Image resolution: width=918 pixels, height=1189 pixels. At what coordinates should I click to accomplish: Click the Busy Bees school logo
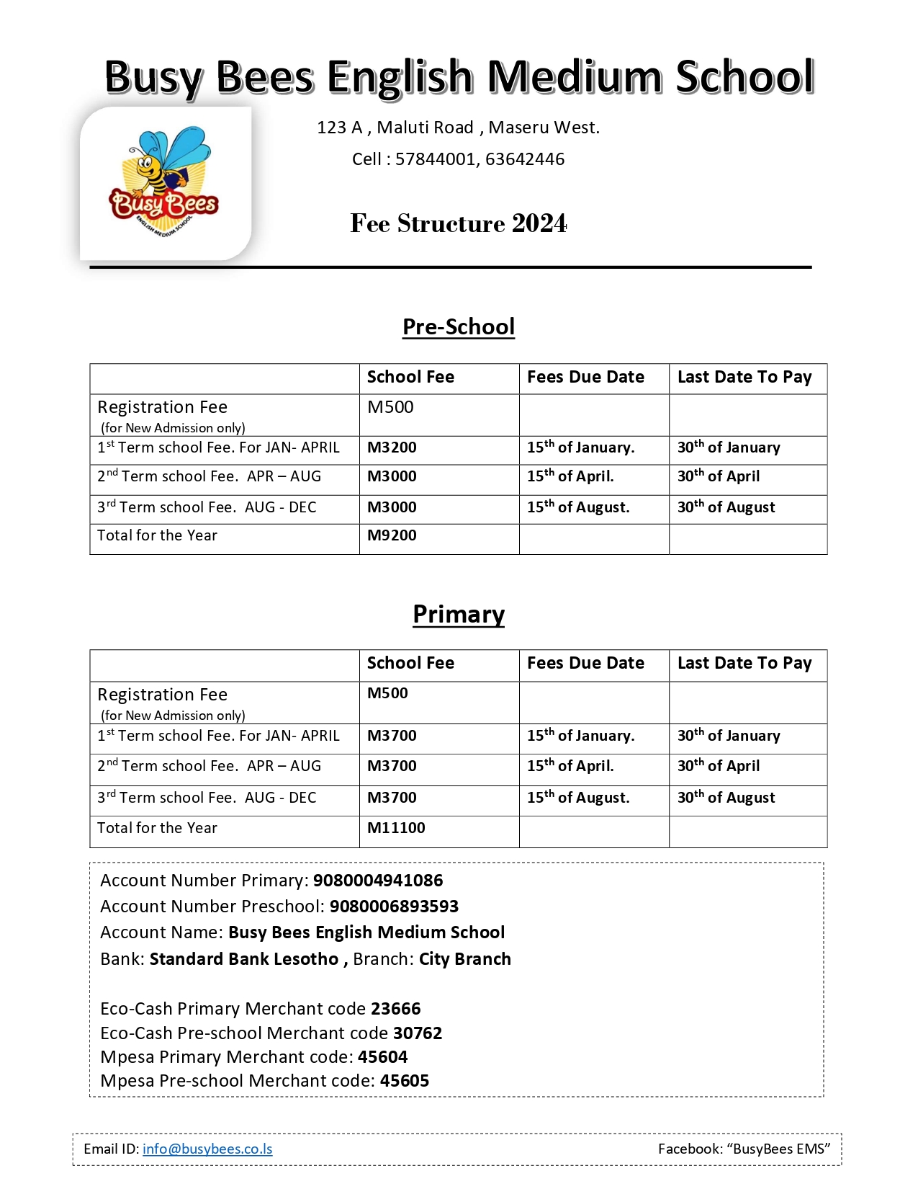pos(164,183)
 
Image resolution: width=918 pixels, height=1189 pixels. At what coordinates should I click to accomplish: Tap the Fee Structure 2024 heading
pos(459,223)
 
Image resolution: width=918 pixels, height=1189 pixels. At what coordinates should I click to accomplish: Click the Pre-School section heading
pos(459,327)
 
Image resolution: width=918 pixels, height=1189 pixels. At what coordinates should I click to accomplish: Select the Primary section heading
pos(459,614)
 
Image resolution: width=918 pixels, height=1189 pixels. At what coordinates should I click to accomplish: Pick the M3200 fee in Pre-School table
pos(392,447)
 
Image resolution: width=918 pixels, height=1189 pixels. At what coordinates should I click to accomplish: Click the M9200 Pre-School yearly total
pos(392,535)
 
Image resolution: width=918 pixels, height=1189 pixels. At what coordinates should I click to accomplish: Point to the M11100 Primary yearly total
pos(396,828)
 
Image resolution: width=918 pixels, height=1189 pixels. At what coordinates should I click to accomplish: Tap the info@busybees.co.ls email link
pos(207,1149)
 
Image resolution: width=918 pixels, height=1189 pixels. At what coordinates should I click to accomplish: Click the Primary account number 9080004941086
pos(378,881)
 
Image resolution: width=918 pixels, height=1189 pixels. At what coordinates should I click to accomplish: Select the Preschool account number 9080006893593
pos(394,907)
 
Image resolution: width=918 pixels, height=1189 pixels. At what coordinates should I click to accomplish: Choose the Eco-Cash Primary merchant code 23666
pos(396,1009)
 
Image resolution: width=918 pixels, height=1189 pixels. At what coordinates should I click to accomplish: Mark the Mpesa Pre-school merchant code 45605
pos(405,1081)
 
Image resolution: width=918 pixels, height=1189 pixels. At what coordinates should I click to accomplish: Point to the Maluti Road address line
pos(458,128)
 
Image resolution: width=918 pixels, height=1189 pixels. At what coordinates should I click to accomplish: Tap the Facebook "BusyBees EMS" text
pos(744,1149)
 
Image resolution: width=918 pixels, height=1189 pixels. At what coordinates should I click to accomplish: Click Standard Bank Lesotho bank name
pos(244,959)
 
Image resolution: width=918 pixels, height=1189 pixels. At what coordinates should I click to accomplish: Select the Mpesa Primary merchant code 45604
pos(382,1057)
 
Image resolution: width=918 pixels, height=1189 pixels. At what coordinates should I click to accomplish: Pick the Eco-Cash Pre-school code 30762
pos(418,1033)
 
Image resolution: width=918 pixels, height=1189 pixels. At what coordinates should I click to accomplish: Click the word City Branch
pos(465,959)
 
